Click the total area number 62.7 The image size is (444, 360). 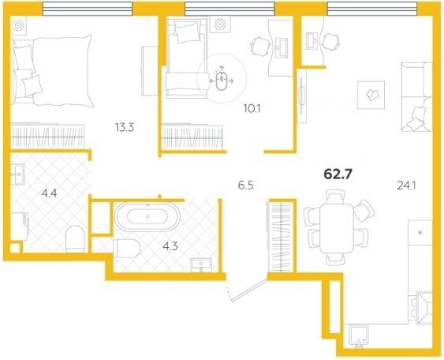338,174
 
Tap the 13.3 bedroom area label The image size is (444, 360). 125,128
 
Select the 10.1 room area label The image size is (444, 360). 252,108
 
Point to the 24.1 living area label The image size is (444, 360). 407,186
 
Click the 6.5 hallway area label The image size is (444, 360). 246,186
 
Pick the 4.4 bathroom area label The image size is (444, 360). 49,193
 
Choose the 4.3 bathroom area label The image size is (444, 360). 170,246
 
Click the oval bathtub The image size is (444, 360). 147,217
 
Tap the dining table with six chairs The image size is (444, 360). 337,227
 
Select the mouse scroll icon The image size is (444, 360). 222,81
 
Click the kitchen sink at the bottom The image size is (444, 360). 359,336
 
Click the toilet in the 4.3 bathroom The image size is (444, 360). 127,249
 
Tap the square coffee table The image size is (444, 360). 371,95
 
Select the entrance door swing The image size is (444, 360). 246,291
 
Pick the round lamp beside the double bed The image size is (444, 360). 19,25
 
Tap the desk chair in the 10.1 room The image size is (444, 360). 259,47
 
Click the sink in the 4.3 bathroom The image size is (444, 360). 201,264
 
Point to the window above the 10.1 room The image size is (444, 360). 229,9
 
